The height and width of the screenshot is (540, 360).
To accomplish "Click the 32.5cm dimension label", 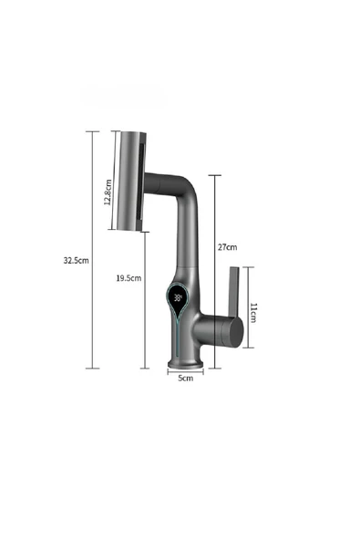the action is click(x=76, y=260).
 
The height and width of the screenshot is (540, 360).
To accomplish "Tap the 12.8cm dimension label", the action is click(x=108, y=192).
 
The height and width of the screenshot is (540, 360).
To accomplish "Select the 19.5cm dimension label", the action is click(x=129, y=278).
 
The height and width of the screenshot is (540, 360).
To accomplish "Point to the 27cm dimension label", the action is click(x=227, y=247).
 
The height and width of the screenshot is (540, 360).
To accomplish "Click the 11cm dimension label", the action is click(x=253, y=313).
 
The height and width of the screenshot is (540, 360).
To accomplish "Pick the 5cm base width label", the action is click(x=186, y=379).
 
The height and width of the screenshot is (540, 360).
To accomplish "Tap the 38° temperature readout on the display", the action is click(x=178, y=297).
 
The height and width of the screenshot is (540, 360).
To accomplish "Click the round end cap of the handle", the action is click(x=236, y=332).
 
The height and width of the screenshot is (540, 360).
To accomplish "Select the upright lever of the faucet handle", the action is click(x=233, y=292).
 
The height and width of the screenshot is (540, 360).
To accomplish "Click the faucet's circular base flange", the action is click(x=185, y=364).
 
